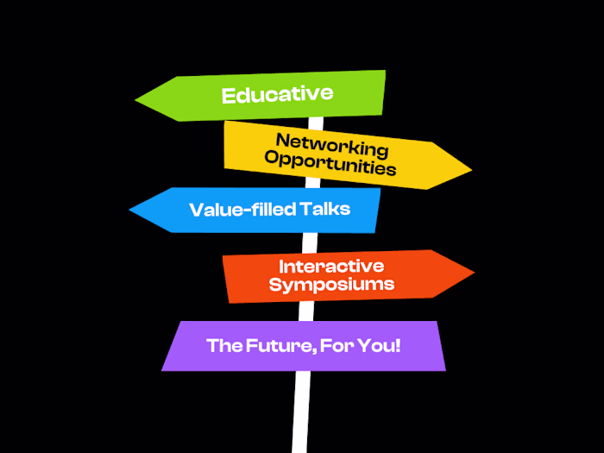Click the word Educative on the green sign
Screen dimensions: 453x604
277,94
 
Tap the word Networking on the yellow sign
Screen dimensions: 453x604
332,144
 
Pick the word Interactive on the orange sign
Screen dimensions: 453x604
331,266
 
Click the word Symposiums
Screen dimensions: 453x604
331,284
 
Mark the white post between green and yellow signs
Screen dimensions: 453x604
317,120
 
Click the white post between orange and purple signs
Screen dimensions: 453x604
305,311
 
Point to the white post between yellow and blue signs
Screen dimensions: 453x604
312,184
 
